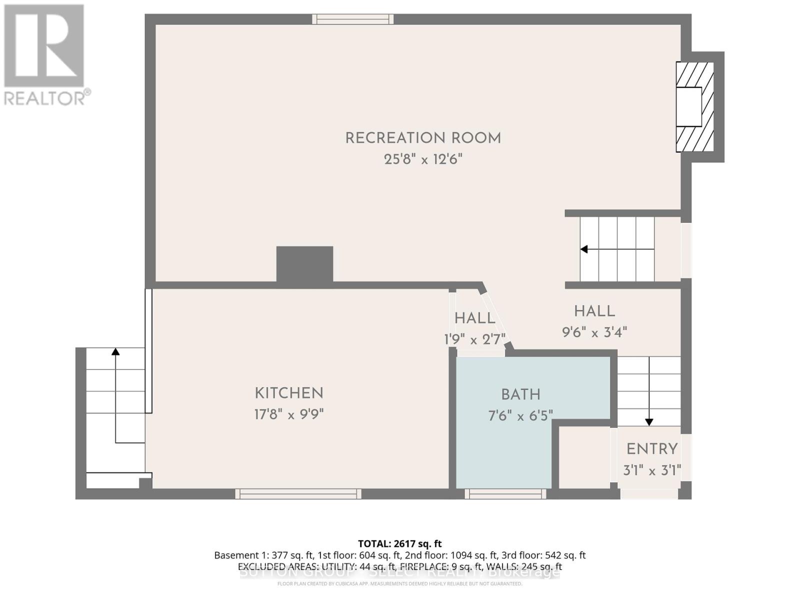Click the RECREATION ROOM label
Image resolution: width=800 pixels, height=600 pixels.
click(423, 138)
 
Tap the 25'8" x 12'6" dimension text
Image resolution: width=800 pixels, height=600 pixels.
click(423, 159)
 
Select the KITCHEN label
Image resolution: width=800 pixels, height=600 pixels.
click(289, 393)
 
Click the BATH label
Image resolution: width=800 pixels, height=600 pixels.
click(520, 395)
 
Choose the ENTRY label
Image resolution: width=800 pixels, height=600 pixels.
click(652, 449)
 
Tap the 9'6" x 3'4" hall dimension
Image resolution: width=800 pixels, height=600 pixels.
click(594, 332)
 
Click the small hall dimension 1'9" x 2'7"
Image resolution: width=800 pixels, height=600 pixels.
click(475, 340)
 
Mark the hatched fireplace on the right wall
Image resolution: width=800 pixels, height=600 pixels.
click(694, 107)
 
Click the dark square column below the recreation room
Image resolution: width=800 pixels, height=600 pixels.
click(305, 264)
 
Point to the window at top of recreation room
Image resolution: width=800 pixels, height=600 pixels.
click(353, 19)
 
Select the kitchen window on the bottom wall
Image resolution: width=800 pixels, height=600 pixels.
click(298, 494)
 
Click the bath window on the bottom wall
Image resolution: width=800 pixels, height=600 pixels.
click(505, 494)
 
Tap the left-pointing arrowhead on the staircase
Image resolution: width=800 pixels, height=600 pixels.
click(583, 249)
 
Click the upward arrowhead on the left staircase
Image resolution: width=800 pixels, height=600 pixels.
click(115, 351)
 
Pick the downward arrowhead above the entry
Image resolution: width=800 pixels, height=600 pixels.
click(649, 422)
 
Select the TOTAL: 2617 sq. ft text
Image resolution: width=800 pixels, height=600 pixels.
click(400, 543)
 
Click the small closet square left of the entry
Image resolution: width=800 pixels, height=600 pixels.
click(583, 457)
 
